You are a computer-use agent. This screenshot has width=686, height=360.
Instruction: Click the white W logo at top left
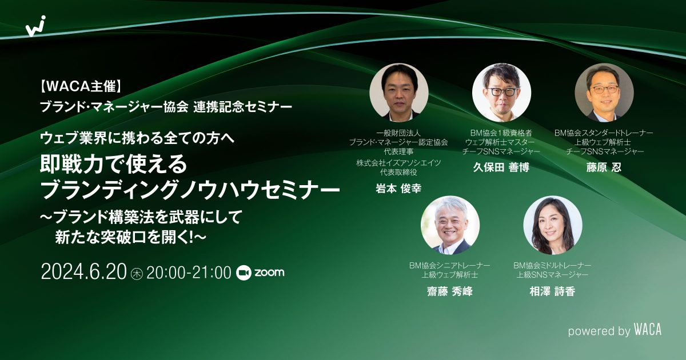(36, 26)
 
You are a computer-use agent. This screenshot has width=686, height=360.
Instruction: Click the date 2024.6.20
(83, 272)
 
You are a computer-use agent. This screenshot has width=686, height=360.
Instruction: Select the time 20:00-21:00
(189, 273)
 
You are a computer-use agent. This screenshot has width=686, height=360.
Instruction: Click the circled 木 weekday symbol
(137, 273)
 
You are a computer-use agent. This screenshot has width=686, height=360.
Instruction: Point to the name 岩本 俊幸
(398, 188)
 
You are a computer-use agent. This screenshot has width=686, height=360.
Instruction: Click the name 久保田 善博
(501, 167)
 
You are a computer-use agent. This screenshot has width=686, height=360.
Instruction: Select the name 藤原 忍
(604, 167)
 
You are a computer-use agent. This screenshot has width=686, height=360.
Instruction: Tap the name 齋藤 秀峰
(449, 291)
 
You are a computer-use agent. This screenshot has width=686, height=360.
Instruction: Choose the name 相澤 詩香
(552, 291)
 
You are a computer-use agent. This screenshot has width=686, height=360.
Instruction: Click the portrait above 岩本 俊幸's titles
(399, 93)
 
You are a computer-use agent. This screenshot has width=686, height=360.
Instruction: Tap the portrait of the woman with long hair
(552, 225)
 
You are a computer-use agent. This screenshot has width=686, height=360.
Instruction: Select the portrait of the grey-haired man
(450, 225)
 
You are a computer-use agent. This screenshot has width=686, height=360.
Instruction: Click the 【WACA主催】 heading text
(81, 86)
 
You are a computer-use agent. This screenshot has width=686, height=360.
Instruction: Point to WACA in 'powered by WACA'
(647, 330)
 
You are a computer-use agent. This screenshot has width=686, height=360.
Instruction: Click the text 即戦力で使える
(114, 163)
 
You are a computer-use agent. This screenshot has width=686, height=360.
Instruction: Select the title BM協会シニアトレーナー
(449, 265)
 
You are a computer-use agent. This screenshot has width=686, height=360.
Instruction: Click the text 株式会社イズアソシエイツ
(398, 163)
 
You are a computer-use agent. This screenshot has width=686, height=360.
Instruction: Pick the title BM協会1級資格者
(501, 133)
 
